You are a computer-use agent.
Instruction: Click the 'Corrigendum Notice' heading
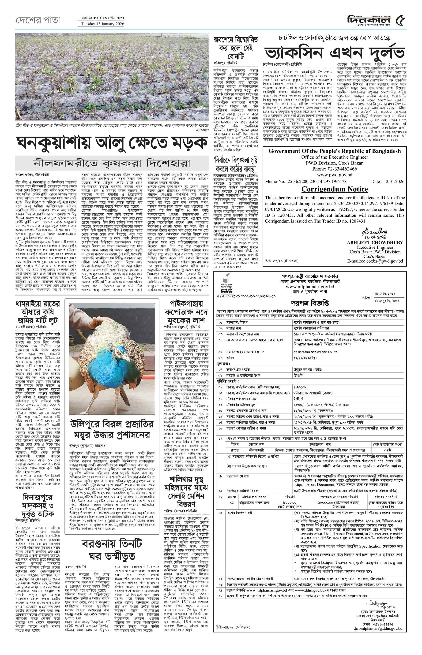[x=335, y=189]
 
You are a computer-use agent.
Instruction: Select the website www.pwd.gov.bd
[x=335, y=175]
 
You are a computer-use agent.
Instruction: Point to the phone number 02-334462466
[x=335, y=169]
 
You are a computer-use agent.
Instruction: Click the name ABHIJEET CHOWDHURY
[x=375, y=242]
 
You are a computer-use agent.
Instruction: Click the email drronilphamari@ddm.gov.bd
[x=384, y=610]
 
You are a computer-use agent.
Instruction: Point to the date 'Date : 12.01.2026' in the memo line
[x=388, y=181]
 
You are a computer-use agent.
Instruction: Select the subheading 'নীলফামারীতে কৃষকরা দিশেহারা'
[x=112, y=164]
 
